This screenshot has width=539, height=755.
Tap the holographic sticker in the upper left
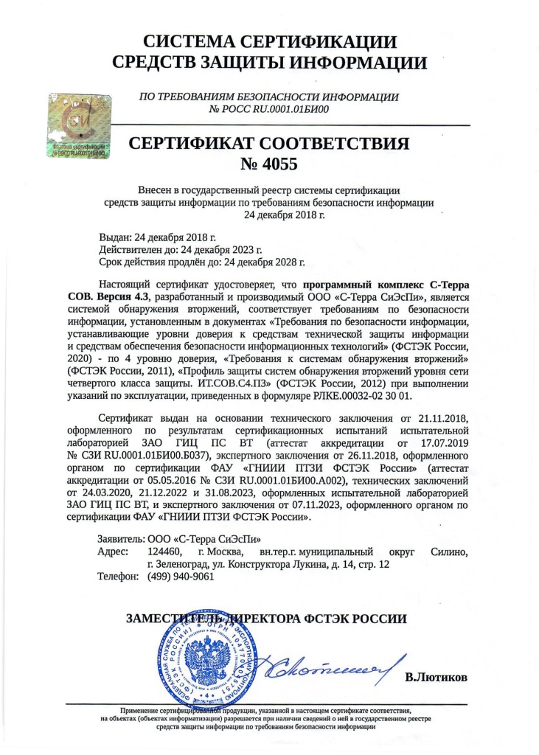(x=77, y=125)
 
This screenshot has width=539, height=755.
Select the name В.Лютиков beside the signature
(x=436, y=677)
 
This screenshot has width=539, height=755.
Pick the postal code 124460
(x=165, y=551)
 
